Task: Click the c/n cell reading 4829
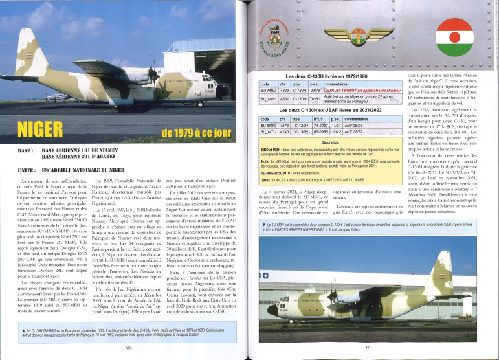(283, 91)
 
